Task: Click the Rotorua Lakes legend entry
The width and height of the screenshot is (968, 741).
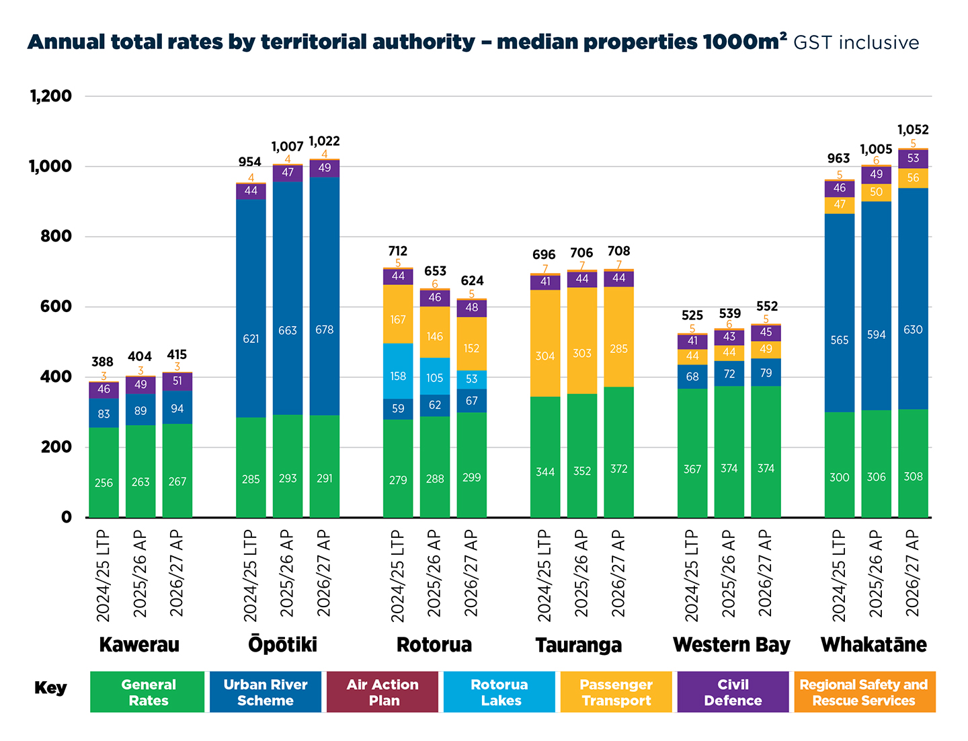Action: [x=499, y=692]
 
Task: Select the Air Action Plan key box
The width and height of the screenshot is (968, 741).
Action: [x=382, y=692]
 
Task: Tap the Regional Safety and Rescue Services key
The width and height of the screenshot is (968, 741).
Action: [x=864, y=692]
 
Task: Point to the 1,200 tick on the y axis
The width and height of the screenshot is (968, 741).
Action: [x=51, y=96]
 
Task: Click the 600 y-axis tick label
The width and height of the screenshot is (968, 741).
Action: [x=56, y=307]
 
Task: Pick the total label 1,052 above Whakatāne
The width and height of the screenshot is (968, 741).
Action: [x=913, y=130]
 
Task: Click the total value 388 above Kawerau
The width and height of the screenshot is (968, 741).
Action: [x=102, y=362]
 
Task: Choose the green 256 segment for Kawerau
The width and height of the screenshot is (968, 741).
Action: [x=104, y=473]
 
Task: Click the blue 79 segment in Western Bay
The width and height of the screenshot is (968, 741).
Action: [x=766, y=373]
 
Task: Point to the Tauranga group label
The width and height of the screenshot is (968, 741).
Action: [x=578, y=645]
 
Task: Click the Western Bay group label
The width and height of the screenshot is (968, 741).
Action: [x=731, y=645]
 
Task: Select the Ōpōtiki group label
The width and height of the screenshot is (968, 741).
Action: [x=282, y=644]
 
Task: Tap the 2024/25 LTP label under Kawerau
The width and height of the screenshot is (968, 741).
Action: [x=104, y=576]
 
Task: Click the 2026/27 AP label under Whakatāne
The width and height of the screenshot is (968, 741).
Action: [x=913, y=573]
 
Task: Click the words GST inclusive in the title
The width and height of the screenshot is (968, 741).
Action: [x=856, y=42]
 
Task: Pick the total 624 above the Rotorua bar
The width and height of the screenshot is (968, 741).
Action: [x=472, y=281]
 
